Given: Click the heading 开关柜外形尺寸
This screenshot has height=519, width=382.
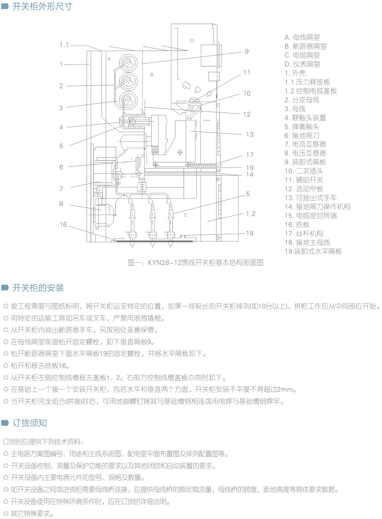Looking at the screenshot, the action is tap(42, 7).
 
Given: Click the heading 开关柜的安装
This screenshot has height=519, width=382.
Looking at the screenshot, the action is tap(38, 288).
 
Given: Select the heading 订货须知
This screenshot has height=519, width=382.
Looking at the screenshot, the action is tap(30, 423).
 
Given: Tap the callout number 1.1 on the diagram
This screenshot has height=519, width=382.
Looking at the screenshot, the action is tap(64, 45).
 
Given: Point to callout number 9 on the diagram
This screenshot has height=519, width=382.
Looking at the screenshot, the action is tap(247, 51).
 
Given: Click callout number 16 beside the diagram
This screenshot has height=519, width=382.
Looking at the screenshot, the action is tap(63, 225).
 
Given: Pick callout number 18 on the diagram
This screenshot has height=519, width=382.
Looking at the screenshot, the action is tap(250, 233).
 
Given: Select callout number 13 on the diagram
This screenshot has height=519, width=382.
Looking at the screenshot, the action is tap(250, 135).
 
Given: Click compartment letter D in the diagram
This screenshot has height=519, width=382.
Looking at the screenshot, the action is tap(192, 41).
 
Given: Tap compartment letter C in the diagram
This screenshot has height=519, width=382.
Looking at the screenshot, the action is tap(186, 215).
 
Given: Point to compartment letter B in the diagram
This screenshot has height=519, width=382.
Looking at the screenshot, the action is tap(152, 75).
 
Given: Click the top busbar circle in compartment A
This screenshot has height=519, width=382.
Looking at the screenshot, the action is tap(128, 63).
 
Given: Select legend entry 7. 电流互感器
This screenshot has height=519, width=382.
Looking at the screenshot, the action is tap(305, 145).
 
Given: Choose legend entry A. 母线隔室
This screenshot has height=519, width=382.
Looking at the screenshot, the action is tap(302, 37).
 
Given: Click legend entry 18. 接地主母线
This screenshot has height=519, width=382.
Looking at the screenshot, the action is tap(307, 242).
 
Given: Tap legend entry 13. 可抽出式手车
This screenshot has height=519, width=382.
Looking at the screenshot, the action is tap(311, 198).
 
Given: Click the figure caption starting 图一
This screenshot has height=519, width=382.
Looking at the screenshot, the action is tap(195, 263).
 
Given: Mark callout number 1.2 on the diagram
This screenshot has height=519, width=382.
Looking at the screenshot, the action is tap(251, 214).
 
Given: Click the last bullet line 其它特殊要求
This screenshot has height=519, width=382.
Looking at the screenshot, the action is tap(28, 514).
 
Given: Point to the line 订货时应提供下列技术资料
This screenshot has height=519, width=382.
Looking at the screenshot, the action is tap(43, 442).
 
